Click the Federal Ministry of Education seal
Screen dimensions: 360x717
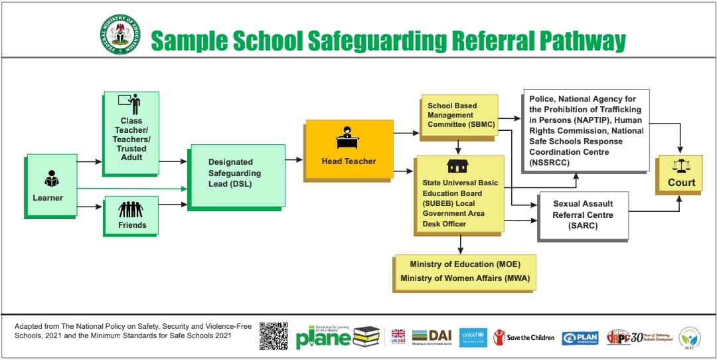click(x=120, y=34)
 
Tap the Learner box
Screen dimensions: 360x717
click(x=50, y=185)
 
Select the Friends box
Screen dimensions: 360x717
click(x=131, y=215)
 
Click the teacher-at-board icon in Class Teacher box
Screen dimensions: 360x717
click(x=130, y=104)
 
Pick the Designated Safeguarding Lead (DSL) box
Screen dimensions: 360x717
click(x=236, y=175)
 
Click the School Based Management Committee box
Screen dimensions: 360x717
click(x=458, y=115)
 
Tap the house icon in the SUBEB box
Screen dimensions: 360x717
click(x=457, y=166)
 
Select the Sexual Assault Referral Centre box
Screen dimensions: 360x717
click(x=582, y=215)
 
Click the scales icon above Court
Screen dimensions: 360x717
click(x=680, y=167)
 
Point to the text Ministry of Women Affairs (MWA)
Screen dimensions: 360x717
click(x=465, y=278)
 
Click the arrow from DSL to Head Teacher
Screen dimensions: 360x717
click(x=293, y=160)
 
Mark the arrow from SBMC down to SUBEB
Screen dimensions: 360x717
click(x=458, y=146)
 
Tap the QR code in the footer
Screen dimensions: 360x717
click(x=273, y=336)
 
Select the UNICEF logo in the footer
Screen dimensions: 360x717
click(x=473, y=337)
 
